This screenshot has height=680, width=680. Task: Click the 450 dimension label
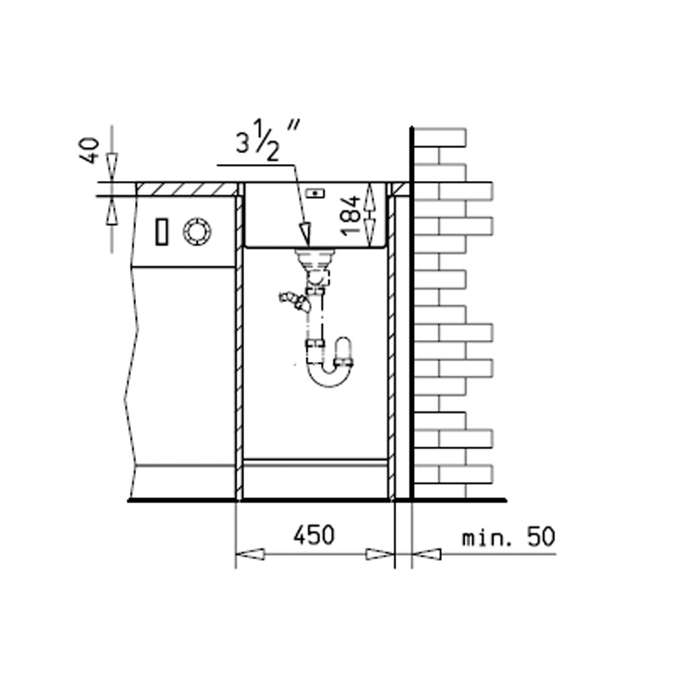tap(314, 535)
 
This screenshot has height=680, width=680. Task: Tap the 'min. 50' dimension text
tap(508, 536)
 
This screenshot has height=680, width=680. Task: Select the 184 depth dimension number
tap(350, 216)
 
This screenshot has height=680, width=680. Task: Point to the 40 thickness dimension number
tap(89, 150)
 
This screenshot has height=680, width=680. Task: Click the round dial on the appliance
tap(197, 231)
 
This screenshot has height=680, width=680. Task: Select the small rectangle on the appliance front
tap(161, 232)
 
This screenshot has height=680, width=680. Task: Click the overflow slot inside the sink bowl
tap(315, 193)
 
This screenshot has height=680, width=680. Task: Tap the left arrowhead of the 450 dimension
tap(250, 554)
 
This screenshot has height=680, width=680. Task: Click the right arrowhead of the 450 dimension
tap(380, 554)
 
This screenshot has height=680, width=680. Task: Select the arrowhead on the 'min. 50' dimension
tap(427, 554)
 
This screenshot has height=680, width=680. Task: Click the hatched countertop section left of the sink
tap(187, 190)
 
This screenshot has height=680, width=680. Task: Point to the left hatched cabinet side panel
tap(239, 347)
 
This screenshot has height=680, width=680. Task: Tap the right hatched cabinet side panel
tap(392, 347)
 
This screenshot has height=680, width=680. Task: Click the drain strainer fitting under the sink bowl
tap(315, 259)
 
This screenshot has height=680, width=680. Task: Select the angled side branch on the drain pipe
tap(295, 301)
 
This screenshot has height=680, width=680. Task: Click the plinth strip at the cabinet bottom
tap(315, 462)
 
